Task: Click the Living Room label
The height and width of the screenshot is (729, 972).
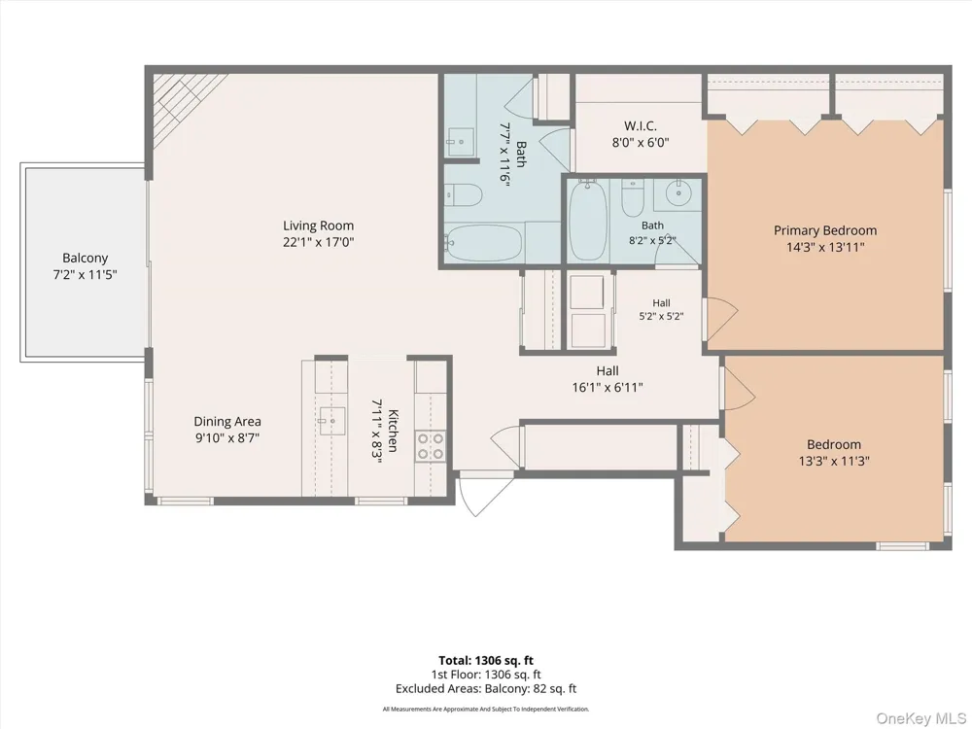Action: (x=319, y=226)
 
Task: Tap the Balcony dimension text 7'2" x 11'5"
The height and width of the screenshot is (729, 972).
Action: (x=85, y=274)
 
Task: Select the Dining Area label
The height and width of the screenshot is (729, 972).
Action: (x=227, y=422)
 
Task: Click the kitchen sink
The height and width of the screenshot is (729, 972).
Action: (x=332, y=421)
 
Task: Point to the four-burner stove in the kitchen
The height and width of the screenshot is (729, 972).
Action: (x=431, y=446)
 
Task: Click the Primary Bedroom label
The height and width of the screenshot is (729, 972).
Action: (x=825, y=230)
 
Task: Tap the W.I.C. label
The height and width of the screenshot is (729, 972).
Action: (x=641, y=125)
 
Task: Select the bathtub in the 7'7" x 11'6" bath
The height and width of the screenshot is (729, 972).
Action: (x=484, y=244)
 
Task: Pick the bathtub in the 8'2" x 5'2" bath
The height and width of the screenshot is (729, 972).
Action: (x=588, y=220)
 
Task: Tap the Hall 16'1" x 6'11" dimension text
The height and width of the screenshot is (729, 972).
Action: (x=607, y=388)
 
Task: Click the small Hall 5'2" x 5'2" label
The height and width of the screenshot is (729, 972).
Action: (x=661, y=303)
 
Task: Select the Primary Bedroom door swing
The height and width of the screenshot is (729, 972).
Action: (x=721, y=319)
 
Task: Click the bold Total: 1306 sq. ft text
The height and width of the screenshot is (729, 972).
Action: (x=486, y=661)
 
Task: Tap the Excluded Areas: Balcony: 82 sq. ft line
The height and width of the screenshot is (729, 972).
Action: (x=486, y=689)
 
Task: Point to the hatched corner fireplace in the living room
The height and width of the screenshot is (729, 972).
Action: (x=181, y=102)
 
